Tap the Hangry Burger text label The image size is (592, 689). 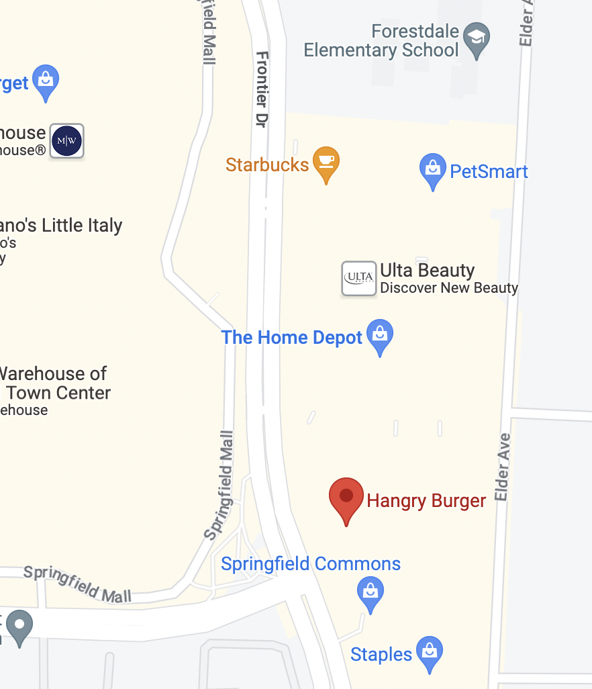tap(426, 501)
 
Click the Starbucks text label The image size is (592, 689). tap(267, 165)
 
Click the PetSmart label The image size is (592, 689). tap(489, 172)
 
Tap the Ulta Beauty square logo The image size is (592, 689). tap(359, 278)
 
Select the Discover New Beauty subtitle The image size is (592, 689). tap(449, 288)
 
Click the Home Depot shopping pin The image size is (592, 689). tap(380, 336)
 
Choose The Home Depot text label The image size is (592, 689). tap(292, 337)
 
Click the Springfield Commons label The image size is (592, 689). tap(311, 564)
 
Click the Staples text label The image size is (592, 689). tap(381, 655)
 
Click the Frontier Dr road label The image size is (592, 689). tap(262, 89)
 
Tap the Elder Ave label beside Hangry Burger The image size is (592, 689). tap(503, 467)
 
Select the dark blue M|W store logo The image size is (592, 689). tap(67, 141)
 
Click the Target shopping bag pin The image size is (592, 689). tap(46, 81)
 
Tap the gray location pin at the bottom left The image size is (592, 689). tap(19, 626)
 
